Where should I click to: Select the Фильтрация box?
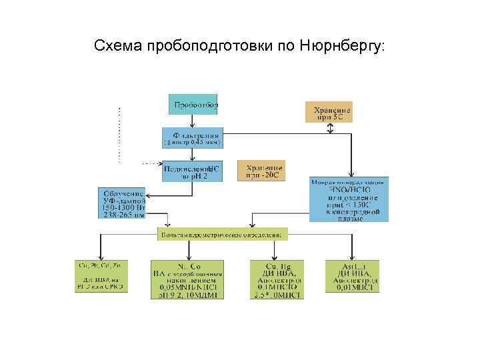point(193,137)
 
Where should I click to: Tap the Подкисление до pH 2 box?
point(191,172)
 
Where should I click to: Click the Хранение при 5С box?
point(329,111)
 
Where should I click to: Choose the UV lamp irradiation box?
point(122,201)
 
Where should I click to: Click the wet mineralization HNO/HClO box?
point(350,199)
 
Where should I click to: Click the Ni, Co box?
point(187,279)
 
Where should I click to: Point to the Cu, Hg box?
point(276,279)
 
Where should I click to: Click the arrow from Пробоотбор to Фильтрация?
point(192,120)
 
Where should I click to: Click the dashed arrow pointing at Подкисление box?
point(152,163)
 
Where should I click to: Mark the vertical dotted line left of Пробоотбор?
point(120,133)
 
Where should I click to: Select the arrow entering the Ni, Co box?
point(187,251)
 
